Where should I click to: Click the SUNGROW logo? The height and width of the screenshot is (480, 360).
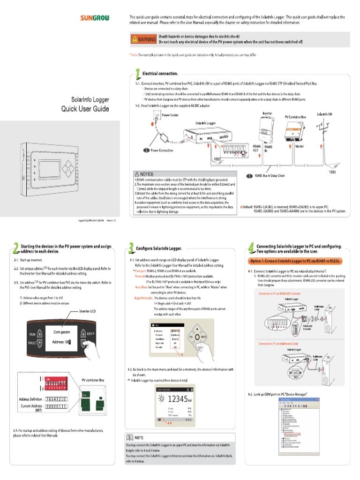click(x=94, y=18)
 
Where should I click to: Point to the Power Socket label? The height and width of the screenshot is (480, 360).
click(x=170, y=115)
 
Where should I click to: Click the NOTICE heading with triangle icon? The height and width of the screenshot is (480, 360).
click(x=144, y=174)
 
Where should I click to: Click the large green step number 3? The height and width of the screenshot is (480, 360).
click(x=130, y=247)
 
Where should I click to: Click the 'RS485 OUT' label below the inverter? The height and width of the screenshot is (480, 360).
click(x=256, y=148)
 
